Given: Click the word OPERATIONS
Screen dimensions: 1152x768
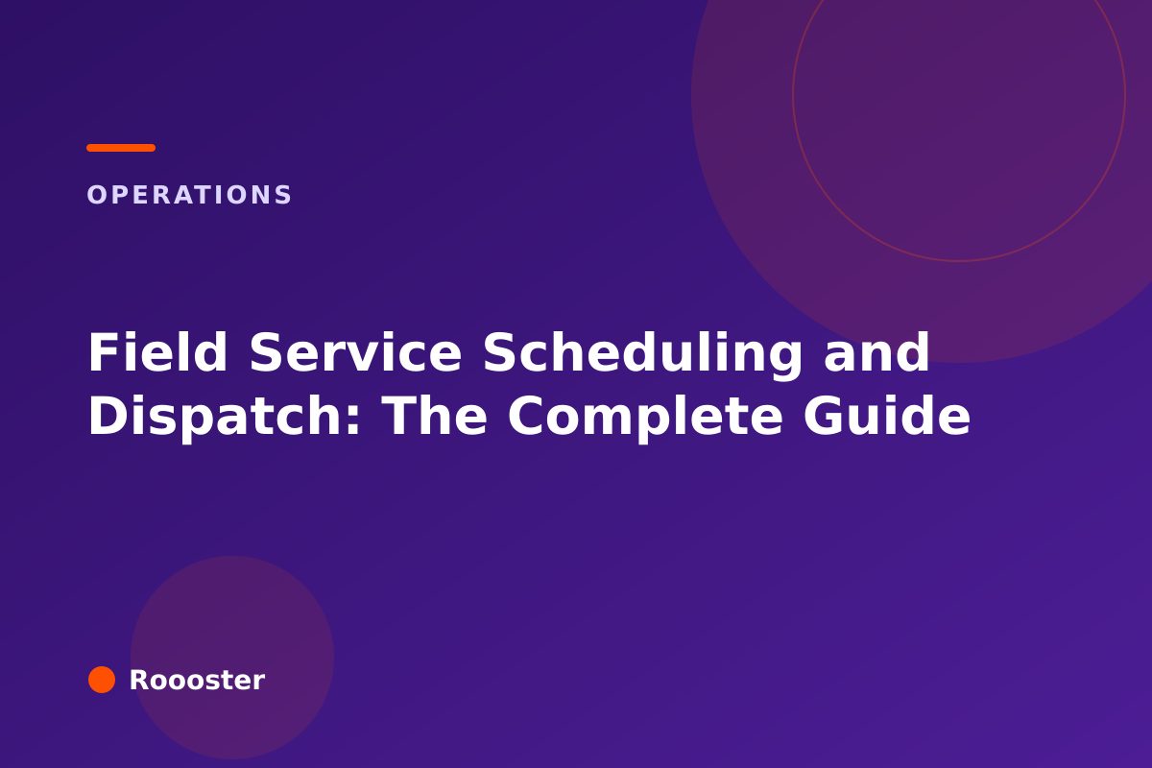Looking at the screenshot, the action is click(x=189, y=195).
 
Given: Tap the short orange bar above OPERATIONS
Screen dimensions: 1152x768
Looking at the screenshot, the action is click(x=121, y=148).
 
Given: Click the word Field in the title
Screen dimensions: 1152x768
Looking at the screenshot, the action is click(x=157, y=352).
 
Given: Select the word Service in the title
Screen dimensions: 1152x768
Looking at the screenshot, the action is click(x=355, y=352).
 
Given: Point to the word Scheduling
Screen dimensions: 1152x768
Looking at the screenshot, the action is click(x=642, y=355).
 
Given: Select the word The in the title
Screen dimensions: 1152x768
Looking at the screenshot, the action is click(x=435, y=415).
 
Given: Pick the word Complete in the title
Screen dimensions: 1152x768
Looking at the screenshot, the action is click(x=645, y=418).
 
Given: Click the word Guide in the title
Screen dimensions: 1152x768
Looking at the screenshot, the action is click(x=887, y=415).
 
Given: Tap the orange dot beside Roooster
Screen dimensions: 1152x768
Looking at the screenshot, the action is click(x=102, y=680).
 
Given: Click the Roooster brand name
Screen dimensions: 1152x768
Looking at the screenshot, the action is click(x=197, y=680).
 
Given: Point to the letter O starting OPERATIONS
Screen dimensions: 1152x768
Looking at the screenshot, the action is click(x=96, y=195).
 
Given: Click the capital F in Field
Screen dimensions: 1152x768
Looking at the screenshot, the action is click(x=101, y=352).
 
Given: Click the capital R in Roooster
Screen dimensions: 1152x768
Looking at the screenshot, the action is click(x=139, y=680).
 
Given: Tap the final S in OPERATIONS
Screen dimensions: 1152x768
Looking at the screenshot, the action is click(x=283, y=195).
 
